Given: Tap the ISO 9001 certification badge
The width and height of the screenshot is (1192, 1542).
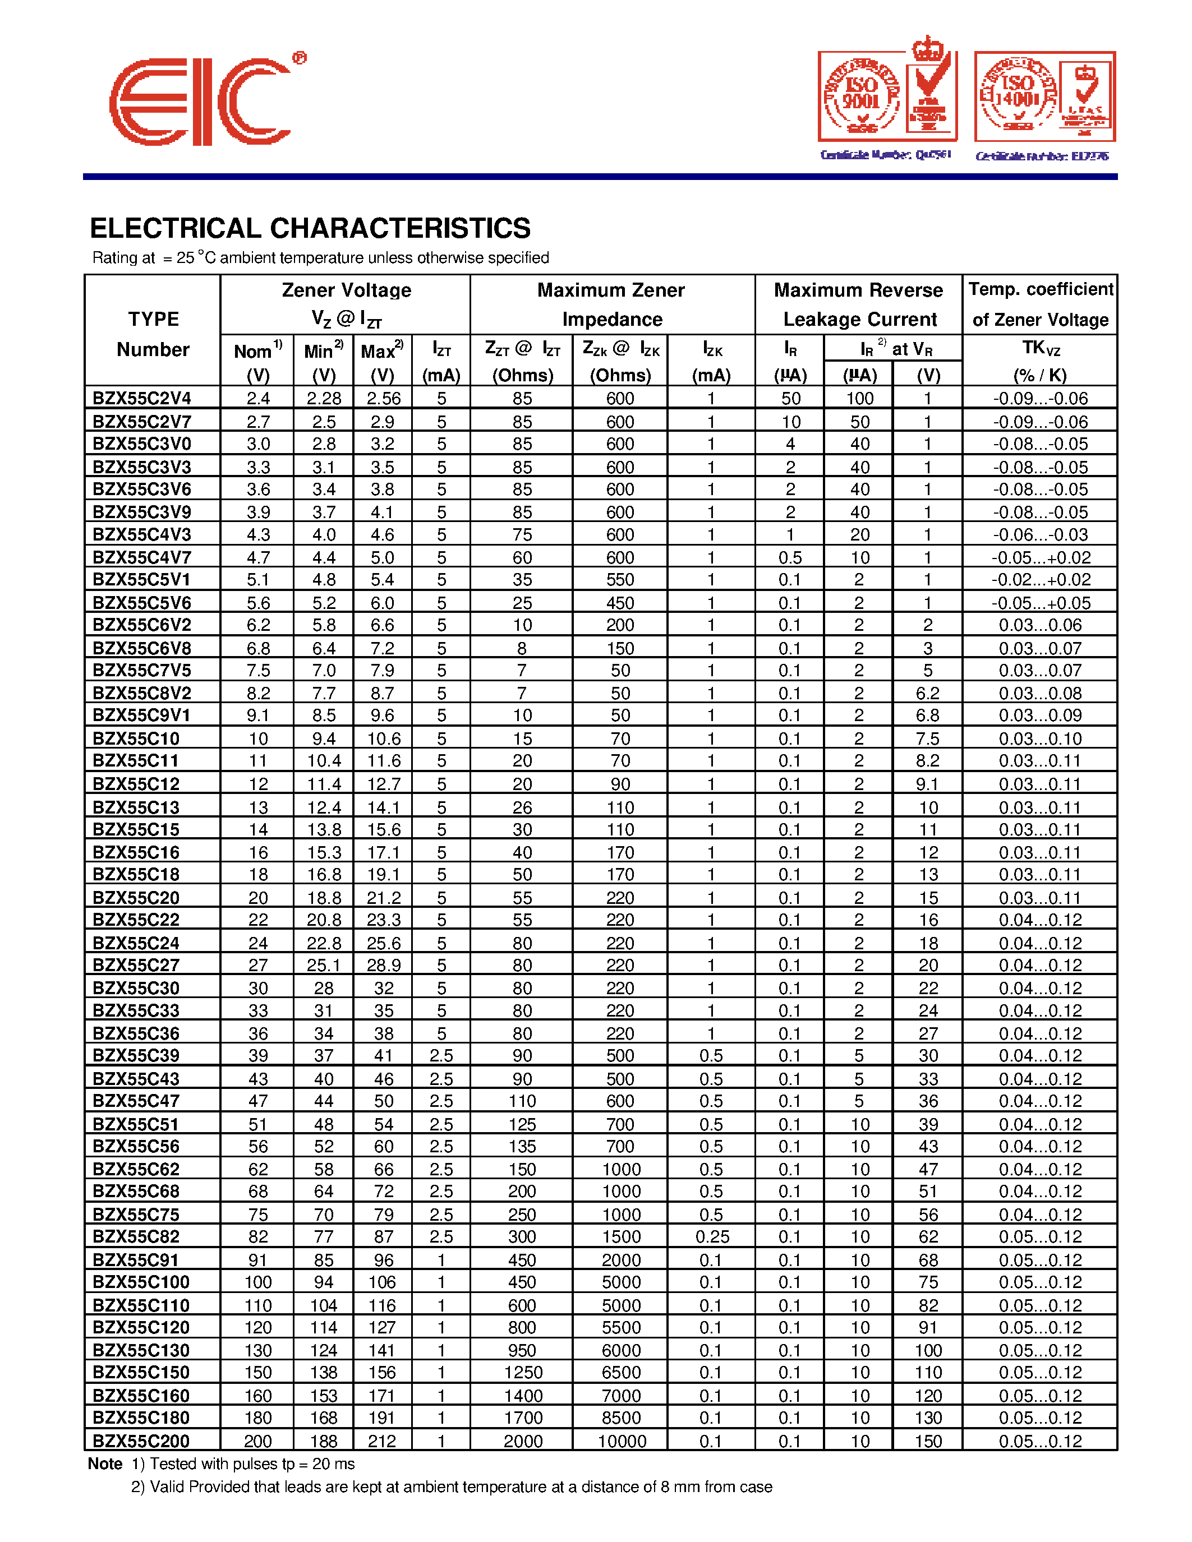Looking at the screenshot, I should (x=887, y=98).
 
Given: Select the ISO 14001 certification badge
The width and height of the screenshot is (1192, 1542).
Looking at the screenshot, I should (x=1044, y=98).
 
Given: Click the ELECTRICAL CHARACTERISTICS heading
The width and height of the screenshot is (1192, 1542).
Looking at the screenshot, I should (x=310, y=228).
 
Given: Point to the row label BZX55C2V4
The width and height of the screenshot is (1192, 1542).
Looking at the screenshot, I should (x=142, y=398).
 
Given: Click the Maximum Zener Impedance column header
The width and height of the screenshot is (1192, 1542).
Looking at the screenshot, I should (x=611, y=304).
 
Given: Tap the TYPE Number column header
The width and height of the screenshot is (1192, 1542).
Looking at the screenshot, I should (x=153, y=334).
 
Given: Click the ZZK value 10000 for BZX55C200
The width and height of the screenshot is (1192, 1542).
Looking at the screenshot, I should (x=622, y=1441).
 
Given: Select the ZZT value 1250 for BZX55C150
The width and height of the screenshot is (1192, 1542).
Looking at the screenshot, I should (x=523, y=1372).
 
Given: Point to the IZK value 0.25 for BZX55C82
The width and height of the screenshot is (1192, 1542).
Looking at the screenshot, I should (x=711, y=1236).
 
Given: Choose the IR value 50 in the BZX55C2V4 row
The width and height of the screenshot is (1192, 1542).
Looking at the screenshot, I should (x=790, y=398).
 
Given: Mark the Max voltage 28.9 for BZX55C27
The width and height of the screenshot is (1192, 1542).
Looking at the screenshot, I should (x=383, y=965).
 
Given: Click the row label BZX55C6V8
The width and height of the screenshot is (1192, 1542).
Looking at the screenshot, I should (x=142, y=648).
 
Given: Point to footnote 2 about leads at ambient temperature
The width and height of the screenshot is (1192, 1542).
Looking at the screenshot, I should (x=452, y=1487).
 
